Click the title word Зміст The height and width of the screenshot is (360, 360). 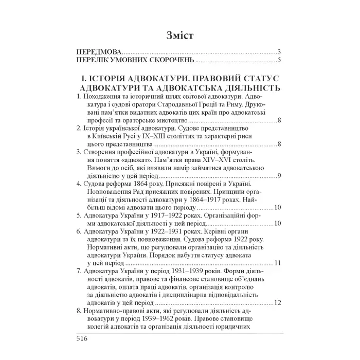click(x=180, y=35)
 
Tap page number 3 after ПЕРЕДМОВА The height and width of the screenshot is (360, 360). click(x=278, y=53)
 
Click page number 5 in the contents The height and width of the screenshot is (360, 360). click(x=278, y=61)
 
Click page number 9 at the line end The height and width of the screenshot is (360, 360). click(x=278, y=176)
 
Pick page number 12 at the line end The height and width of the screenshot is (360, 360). click(x=276, y=302)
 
